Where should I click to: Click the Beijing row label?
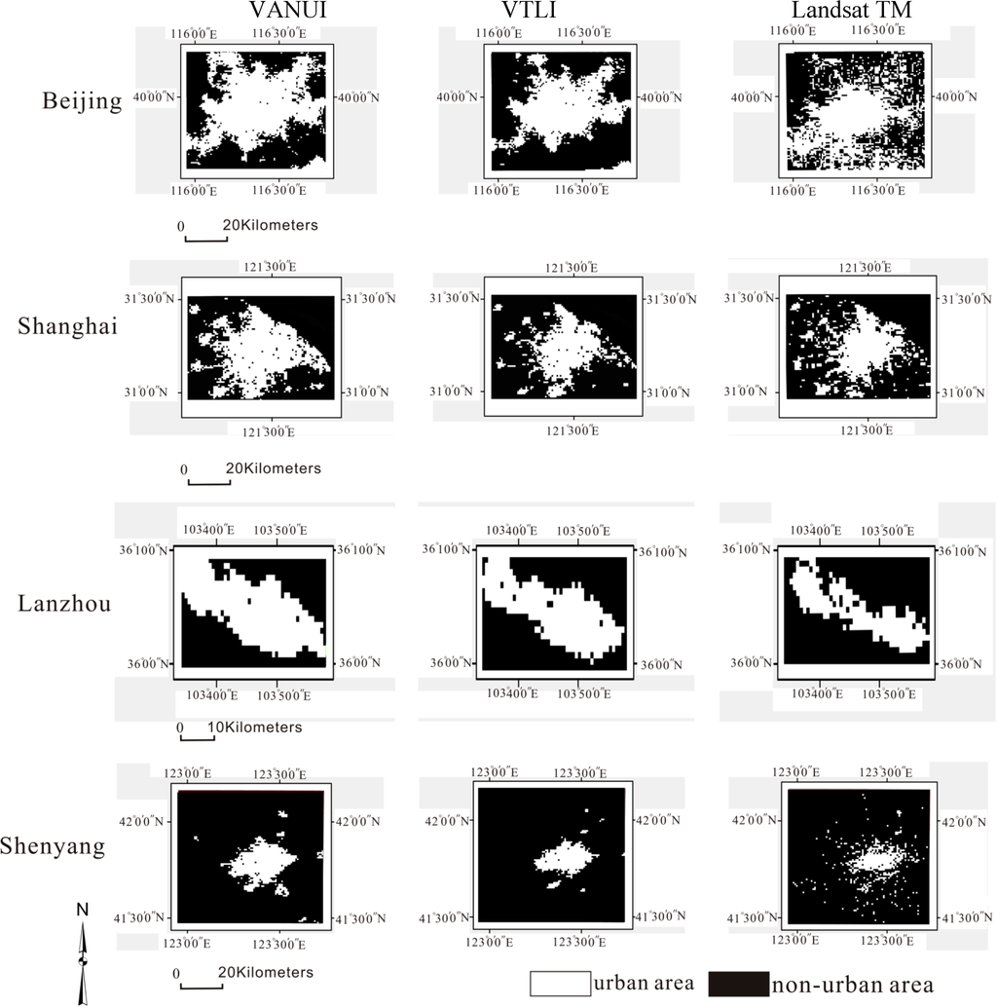point(83,101)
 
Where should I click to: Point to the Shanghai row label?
point(67,326)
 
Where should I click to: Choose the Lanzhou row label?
point(64,603)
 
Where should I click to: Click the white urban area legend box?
point(560,984)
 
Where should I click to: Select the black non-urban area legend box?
point(737,984)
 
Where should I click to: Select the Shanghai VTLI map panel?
point(562,347)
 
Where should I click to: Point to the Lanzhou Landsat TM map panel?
point(856,607)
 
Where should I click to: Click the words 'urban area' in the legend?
point(644,984)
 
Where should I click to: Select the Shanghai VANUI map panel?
point(260,347)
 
